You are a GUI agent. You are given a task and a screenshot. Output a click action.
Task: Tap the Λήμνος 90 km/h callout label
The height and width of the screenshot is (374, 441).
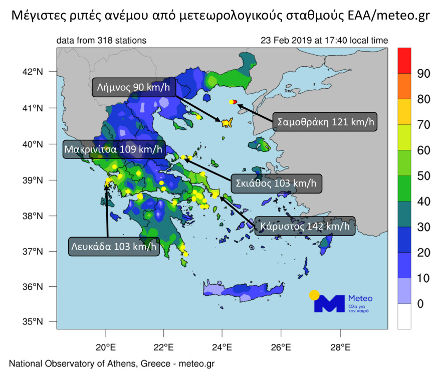click(133, 87)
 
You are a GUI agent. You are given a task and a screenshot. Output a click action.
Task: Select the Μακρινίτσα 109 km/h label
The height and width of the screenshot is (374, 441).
click(114, 149)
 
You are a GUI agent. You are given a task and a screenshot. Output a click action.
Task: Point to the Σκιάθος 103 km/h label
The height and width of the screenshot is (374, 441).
click(276, 183)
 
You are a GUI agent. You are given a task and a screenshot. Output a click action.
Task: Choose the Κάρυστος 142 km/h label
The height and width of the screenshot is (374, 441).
click(305, 227)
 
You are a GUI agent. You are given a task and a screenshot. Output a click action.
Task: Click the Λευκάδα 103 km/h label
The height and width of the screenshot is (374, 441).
click(114, 247)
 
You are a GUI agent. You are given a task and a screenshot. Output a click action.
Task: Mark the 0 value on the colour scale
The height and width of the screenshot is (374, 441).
click(420, 304)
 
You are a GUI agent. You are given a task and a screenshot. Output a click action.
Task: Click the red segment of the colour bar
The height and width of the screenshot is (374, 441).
click(404, 61)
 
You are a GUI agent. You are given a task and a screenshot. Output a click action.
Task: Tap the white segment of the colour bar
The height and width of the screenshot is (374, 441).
click(404, 316)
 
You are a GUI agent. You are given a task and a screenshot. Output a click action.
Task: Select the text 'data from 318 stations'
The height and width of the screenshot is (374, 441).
click(102, 41)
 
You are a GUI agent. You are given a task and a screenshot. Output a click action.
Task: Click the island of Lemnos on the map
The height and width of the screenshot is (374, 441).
click(227, 122)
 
